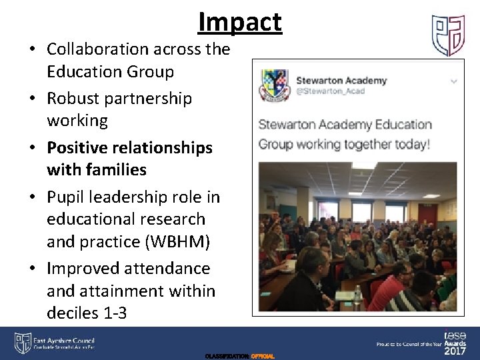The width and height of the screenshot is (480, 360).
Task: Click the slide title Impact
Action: coord(240,23)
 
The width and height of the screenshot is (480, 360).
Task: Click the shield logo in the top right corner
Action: coord(449,36)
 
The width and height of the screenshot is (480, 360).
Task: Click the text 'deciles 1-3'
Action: coord(87,313)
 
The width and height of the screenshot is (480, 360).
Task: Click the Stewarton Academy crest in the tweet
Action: coord(273,85)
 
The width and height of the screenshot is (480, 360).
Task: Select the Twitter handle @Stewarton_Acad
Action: coord(331,91)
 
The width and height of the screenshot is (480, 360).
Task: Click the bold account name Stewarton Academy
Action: coord(341,81)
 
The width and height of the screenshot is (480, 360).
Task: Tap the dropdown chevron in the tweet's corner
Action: coord(454,81)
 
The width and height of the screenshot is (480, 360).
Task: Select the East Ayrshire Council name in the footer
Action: coord(64,340)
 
